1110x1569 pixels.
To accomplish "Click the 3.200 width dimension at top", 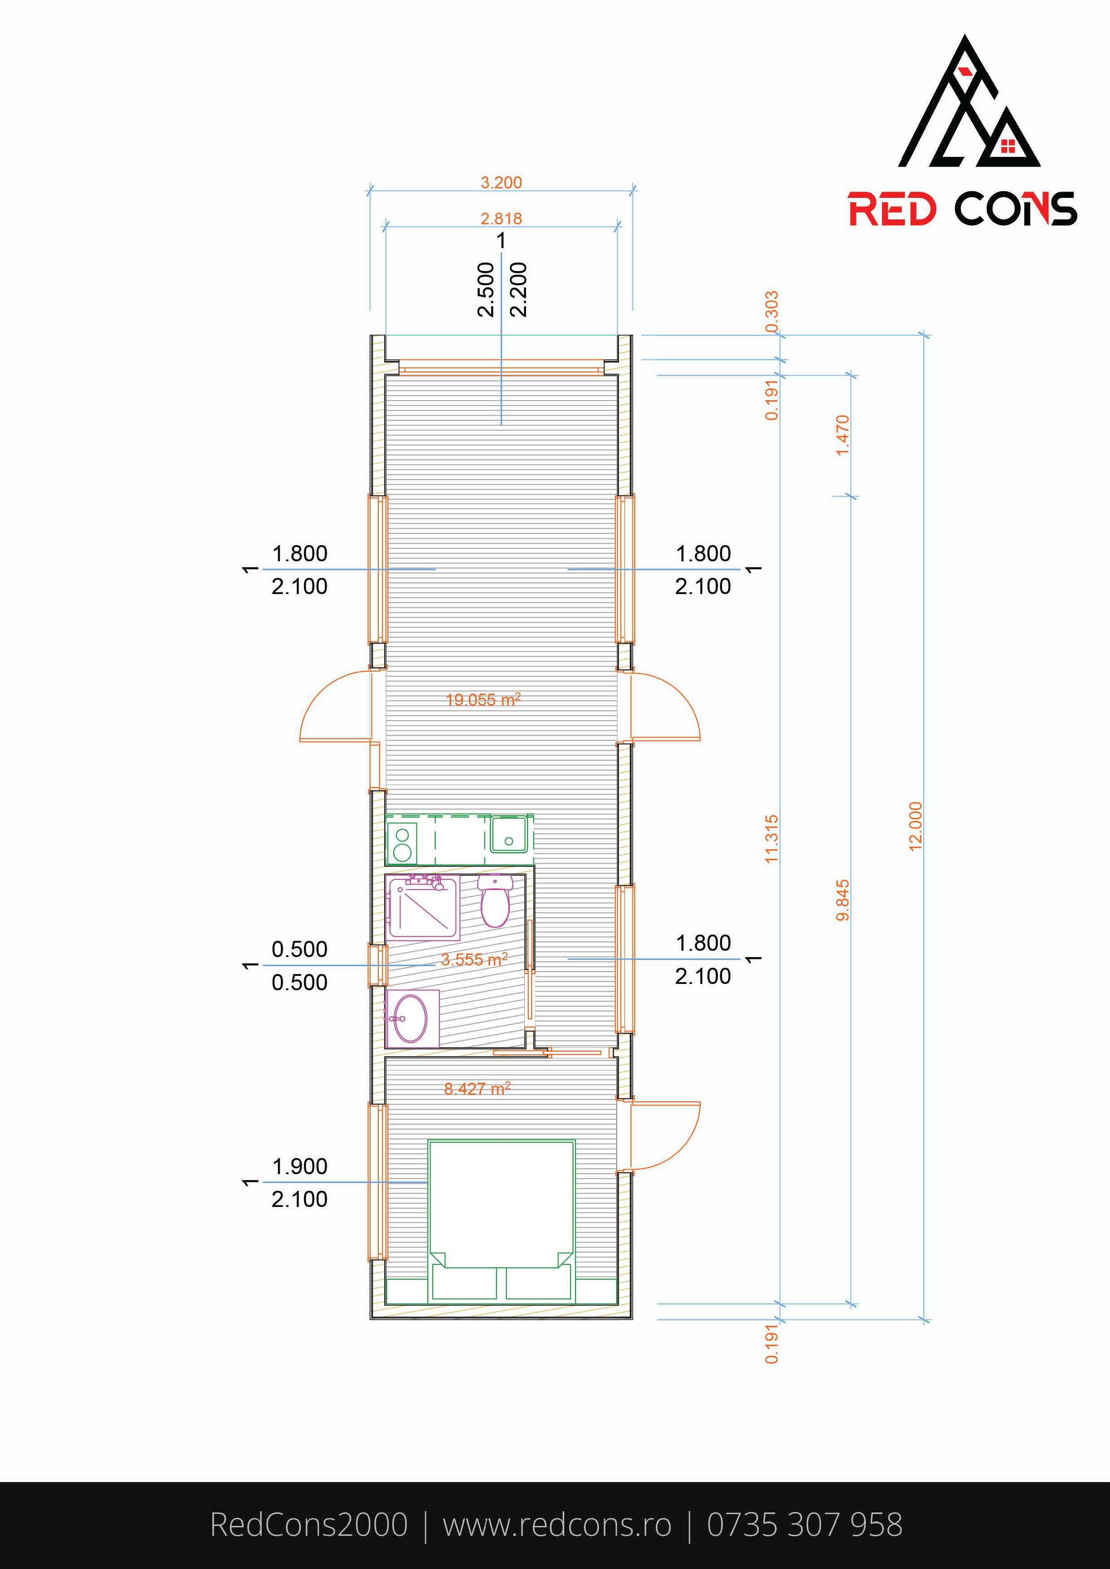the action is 501,183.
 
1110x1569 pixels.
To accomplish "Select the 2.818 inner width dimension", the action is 501,219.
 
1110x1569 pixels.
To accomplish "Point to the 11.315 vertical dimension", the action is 772,839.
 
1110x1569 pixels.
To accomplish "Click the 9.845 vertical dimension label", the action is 843,900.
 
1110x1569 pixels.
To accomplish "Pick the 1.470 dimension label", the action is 843,435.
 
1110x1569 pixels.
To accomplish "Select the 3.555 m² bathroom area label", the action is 474,959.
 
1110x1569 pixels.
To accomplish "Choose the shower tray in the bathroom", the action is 423,908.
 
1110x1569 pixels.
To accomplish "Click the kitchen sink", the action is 508,835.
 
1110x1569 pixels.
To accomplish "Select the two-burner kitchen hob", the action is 403,843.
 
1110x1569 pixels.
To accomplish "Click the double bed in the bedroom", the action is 501,1220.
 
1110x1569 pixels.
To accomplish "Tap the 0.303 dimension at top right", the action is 772,312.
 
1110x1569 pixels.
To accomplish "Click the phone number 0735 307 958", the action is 804,1525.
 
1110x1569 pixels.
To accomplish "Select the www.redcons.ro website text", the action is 557,1525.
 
